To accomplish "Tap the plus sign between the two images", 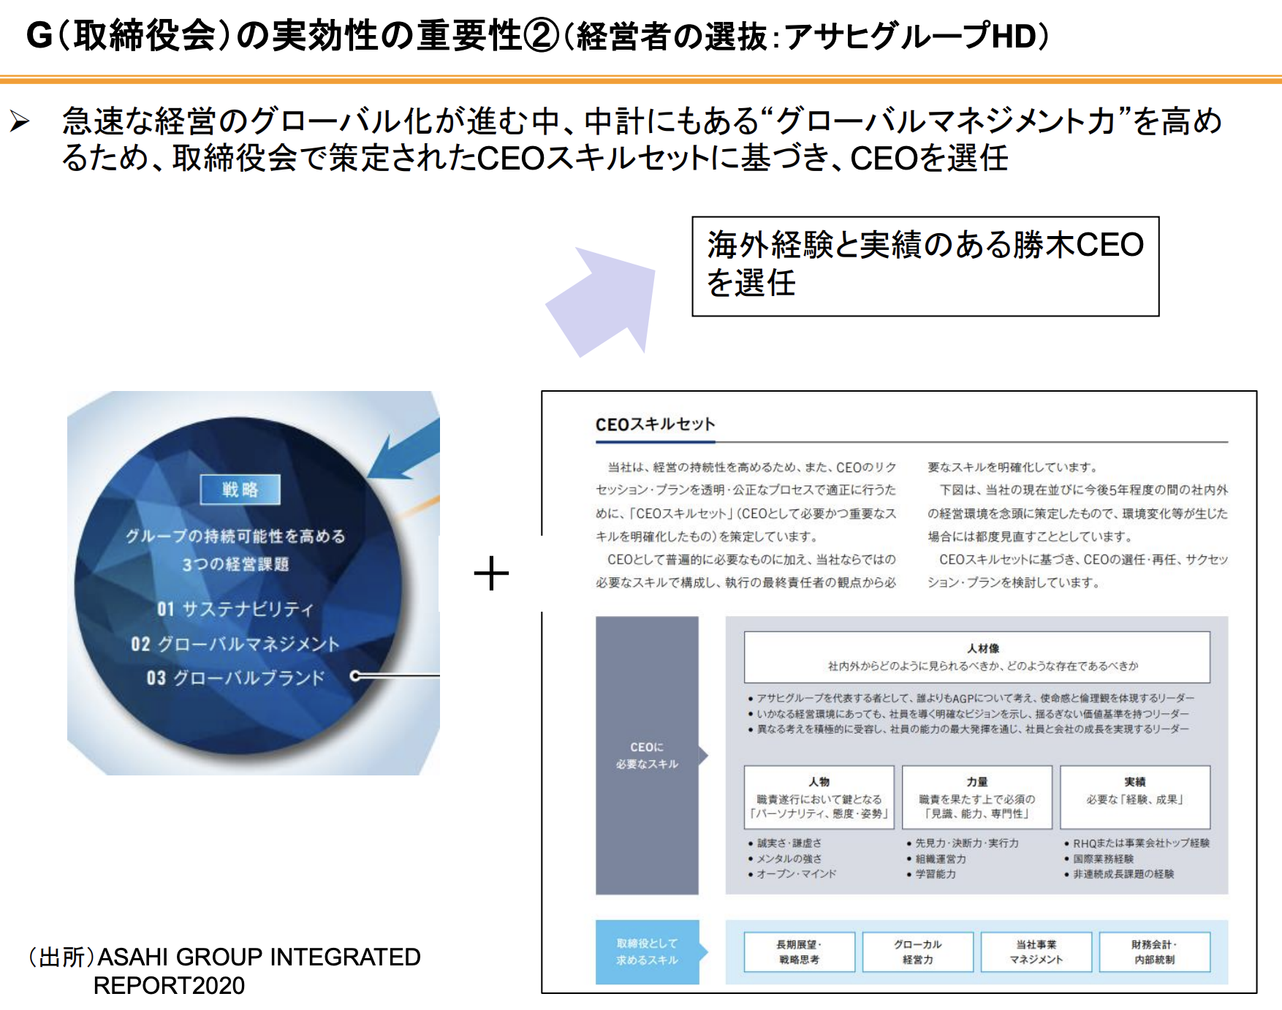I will pos(491,574).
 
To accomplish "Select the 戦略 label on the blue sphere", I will pos(240,490).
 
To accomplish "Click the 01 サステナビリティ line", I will pos(235,609).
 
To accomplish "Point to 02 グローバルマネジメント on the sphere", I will pos(235,644).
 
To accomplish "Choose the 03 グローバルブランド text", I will pos(235,678).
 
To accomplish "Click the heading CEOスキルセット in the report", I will pos(655,425).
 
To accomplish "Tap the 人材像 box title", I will pos(983,648).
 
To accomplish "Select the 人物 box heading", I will pos(819,781).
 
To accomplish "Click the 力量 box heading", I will pos(977,781).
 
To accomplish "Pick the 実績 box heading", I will pos(1135,781).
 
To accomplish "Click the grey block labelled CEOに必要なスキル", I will pos(647,756).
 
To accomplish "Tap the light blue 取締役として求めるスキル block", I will pos(647,952).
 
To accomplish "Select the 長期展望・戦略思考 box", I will pos(799,952).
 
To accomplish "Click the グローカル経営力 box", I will pos(917,952).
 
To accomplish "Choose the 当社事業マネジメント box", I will pos(1036,952).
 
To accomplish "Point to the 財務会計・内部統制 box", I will pos(1154,952).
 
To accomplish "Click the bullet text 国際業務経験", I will pos(1103,859).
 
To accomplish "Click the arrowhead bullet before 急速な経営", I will pos(20,121).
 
